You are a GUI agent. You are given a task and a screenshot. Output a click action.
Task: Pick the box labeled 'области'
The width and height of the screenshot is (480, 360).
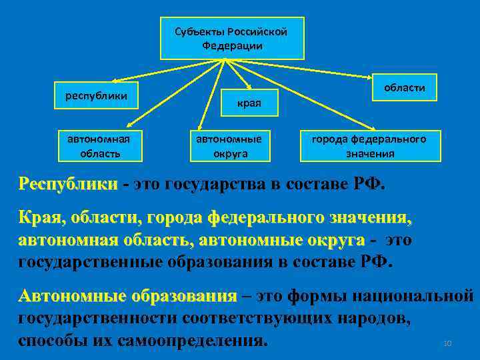[405, 88]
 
